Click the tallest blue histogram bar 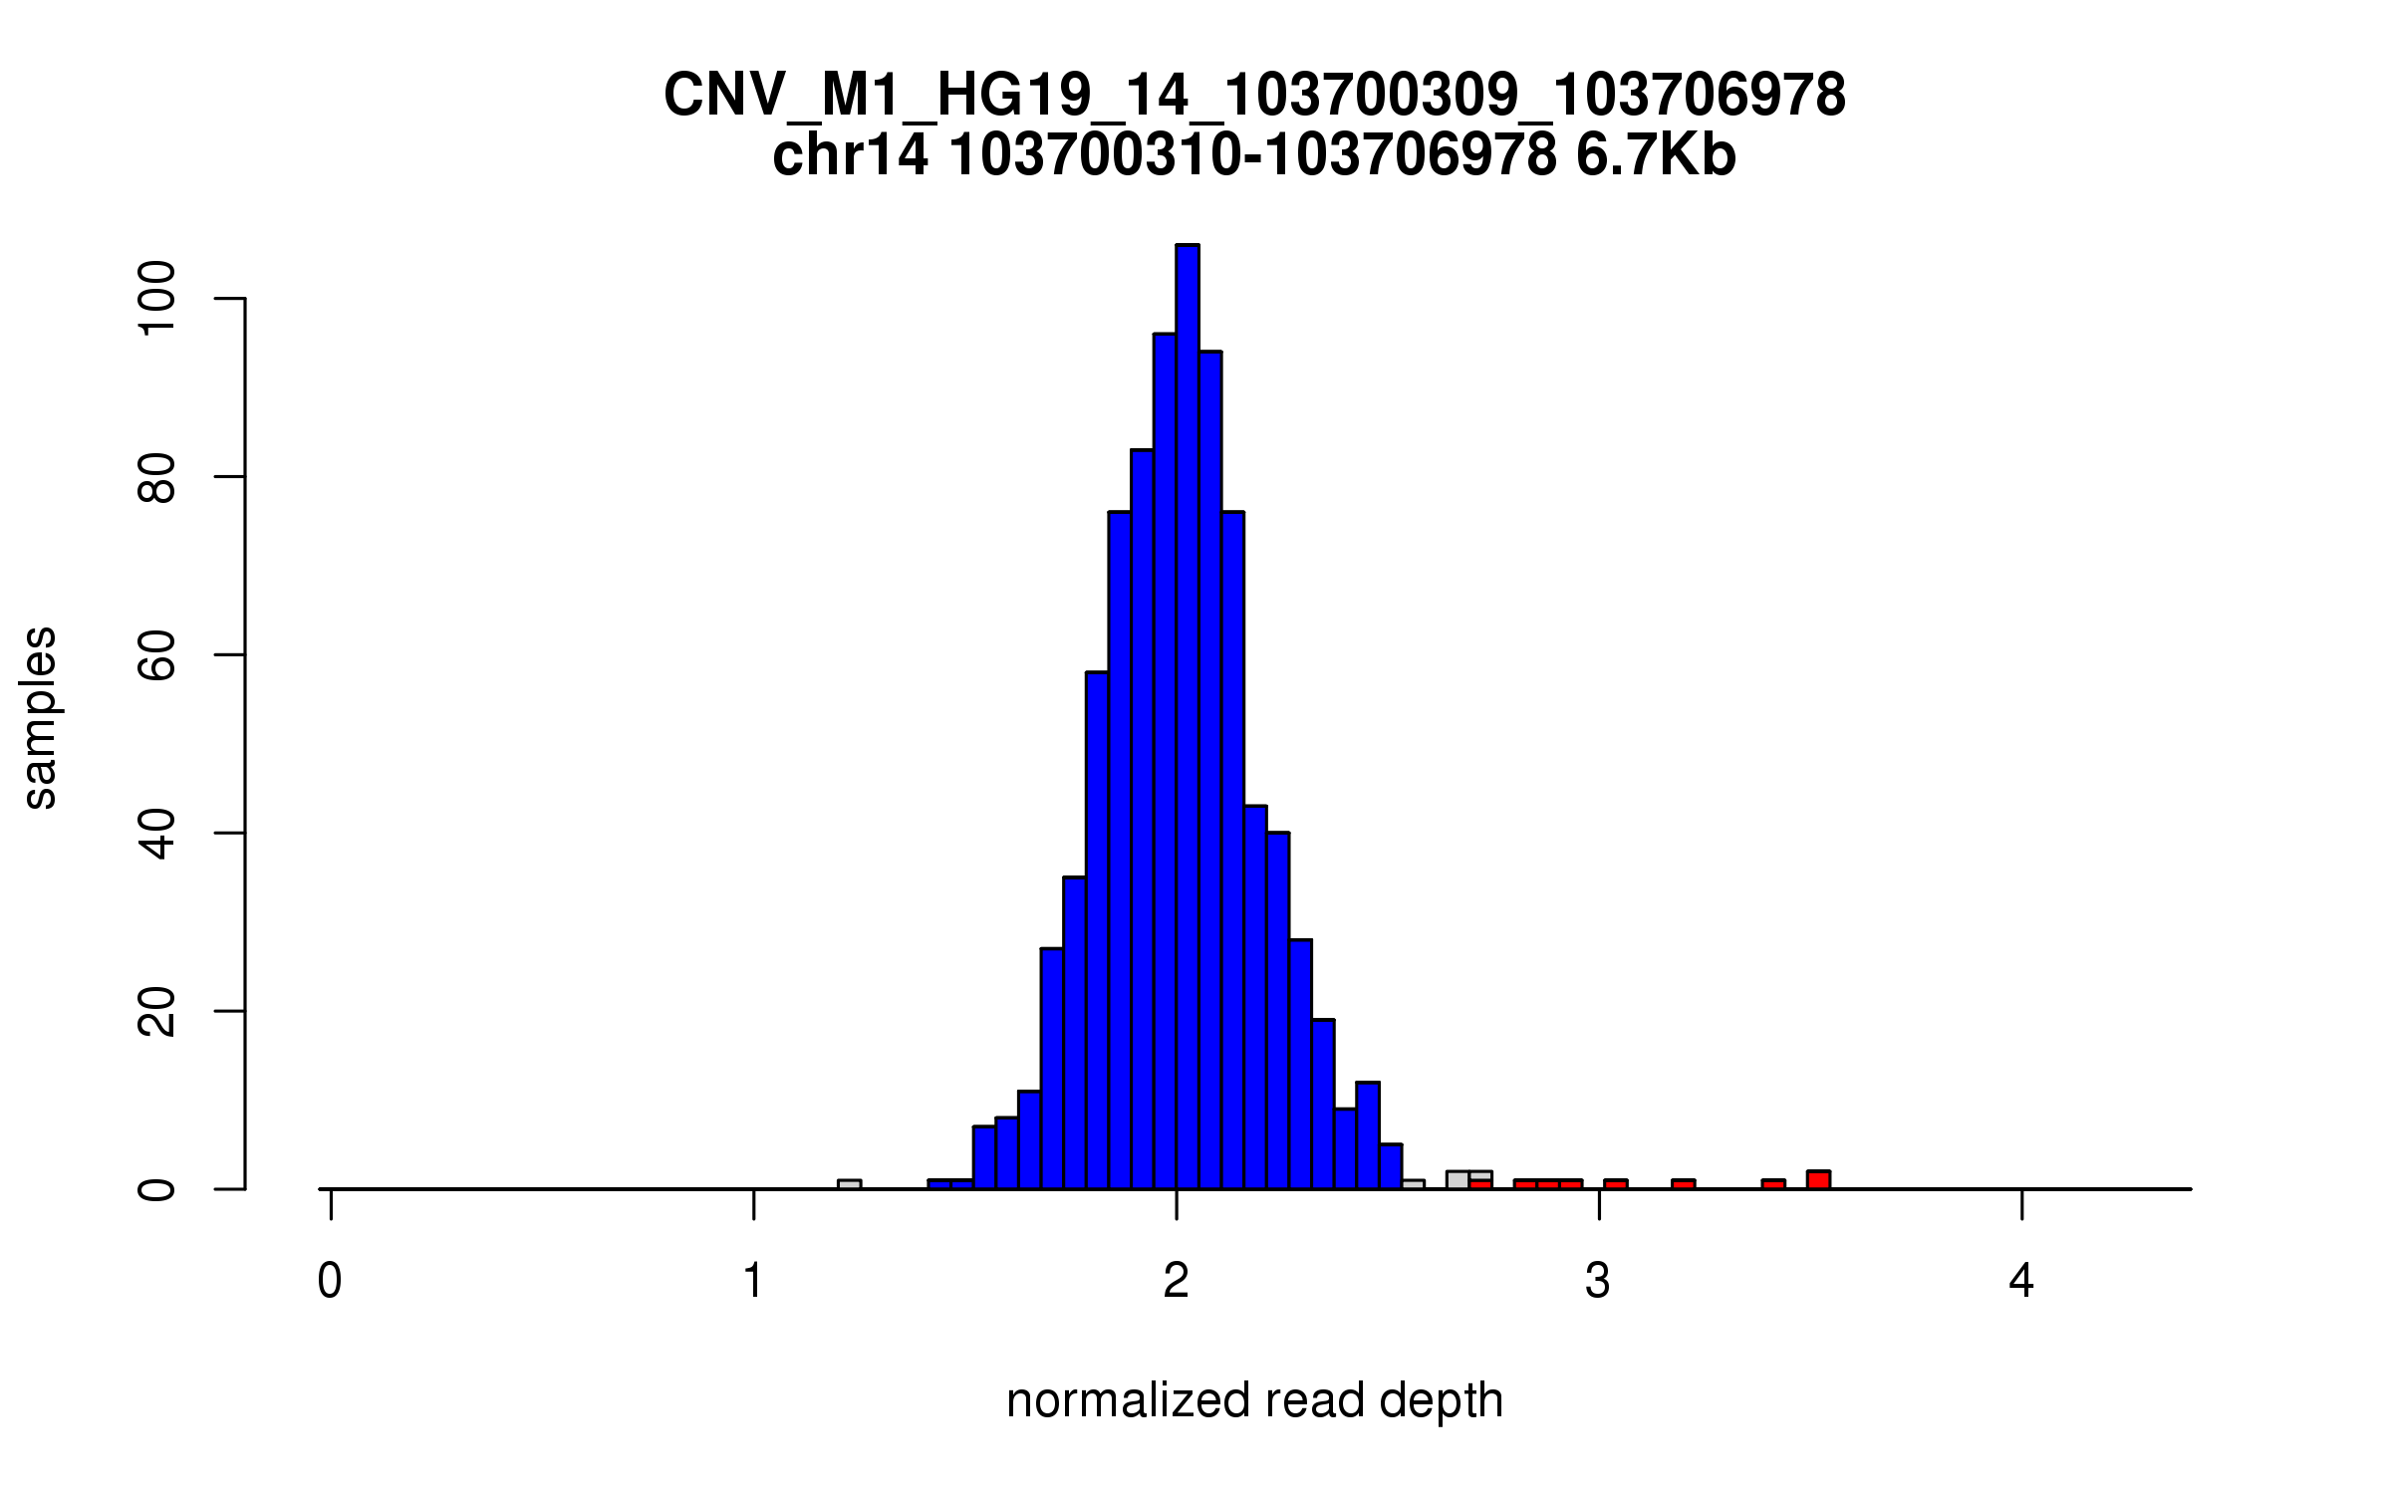point(1187,717)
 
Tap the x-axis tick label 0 point(330,1281)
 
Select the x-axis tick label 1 point(753,1281)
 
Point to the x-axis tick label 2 point(1177,1281)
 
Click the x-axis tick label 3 point(1598,1281)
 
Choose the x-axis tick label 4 point(2021,1281)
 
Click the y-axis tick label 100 point(157,299)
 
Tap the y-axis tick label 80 point(157,477)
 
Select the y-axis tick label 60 point(157,655)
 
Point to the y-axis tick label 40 point(157,833)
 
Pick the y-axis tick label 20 point(157,1011)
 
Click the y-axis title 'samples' point(40,717)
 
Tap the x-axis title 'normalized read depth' point(1254,1400)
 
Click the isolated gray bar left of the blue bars point(849,1184)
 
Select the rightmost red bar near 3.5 point(1818,1180)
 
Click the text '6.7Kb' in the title point(1656,155)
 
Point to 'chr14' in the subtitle point(850,155)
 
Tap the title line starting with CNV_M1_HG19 point(1254,96)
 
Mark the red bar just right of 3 point(1615,1184)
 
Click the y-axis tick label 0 point(157,1189)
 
